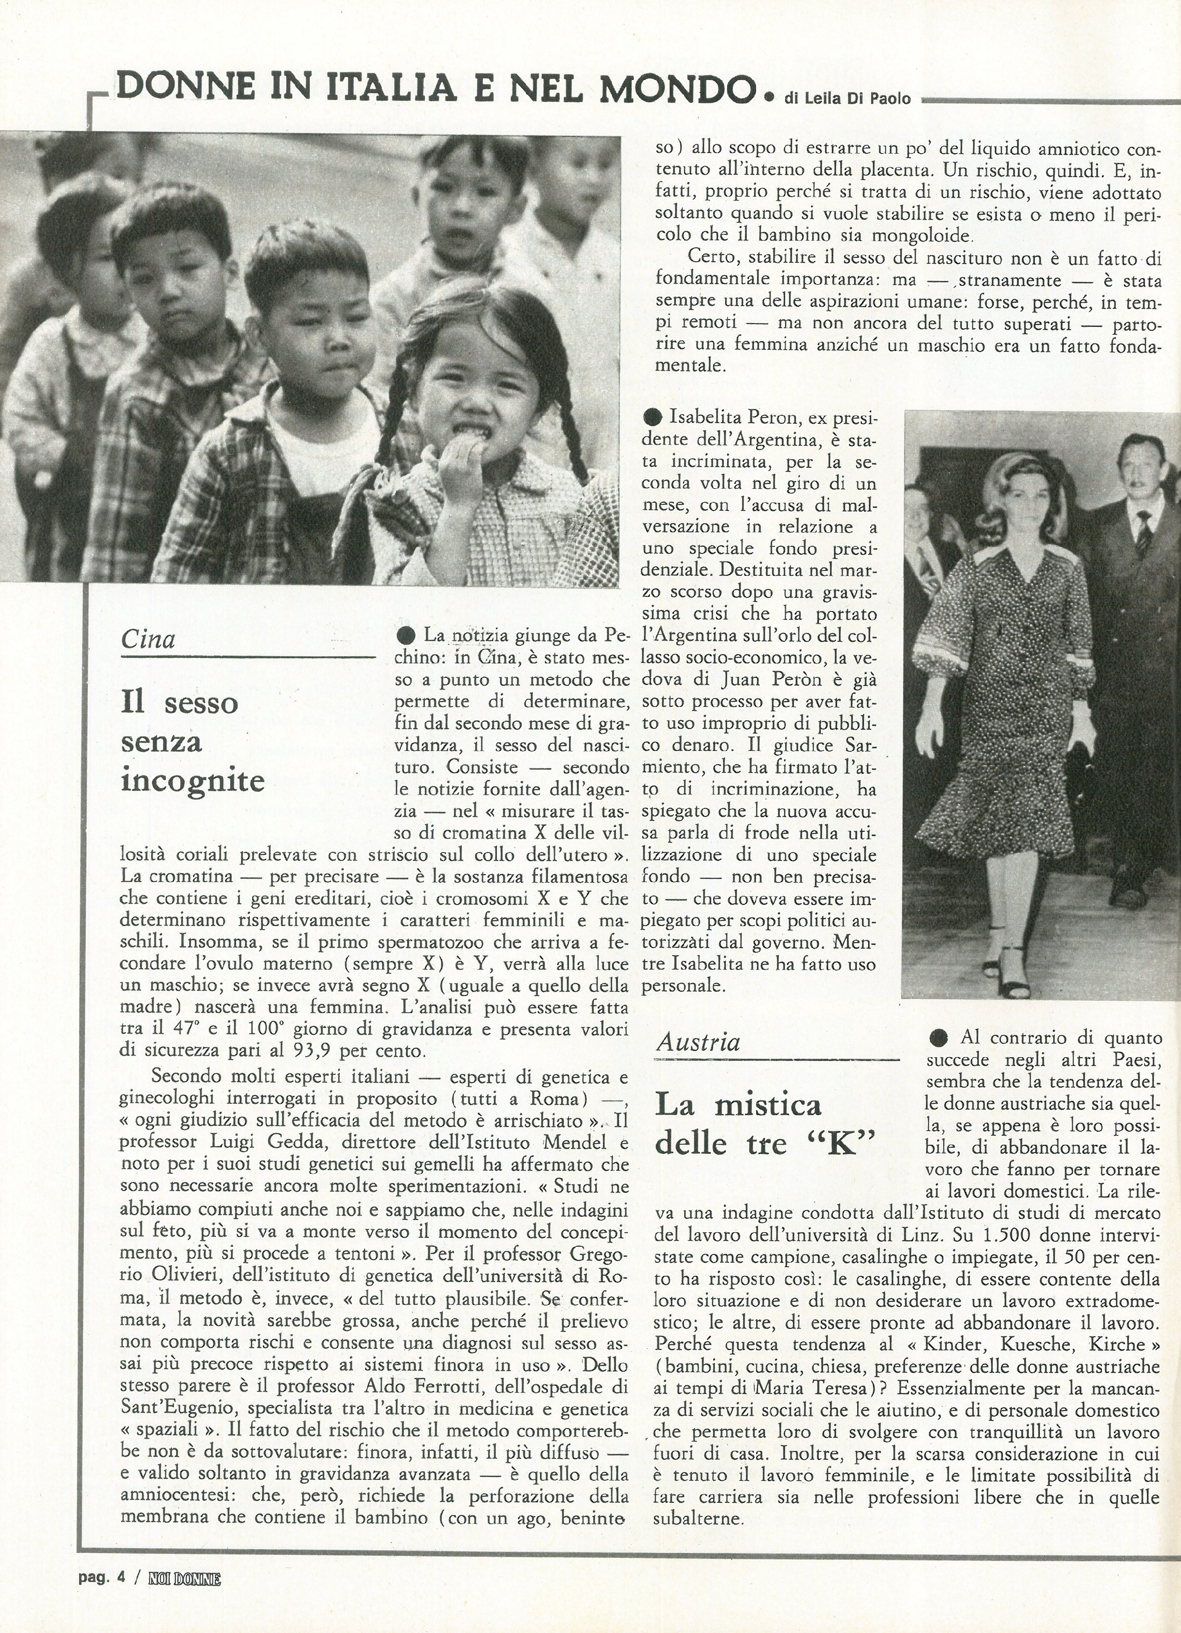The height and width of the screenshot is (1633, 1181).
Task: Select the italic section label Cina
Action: (148, 639)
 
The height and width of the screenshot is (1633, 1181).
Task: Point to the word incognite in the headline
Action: (193, 780)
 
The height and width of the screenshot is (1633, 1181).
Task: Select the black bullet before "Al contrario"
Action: (938, 1038)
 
